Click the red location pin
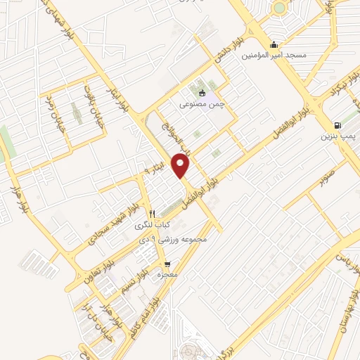pyautogui.click(x=182, y=165)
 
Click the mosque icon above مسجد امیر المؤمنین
pyautogui.click(x=274, y=42)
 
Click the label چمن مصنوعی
pyautogui.click(x=202, y=104)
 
